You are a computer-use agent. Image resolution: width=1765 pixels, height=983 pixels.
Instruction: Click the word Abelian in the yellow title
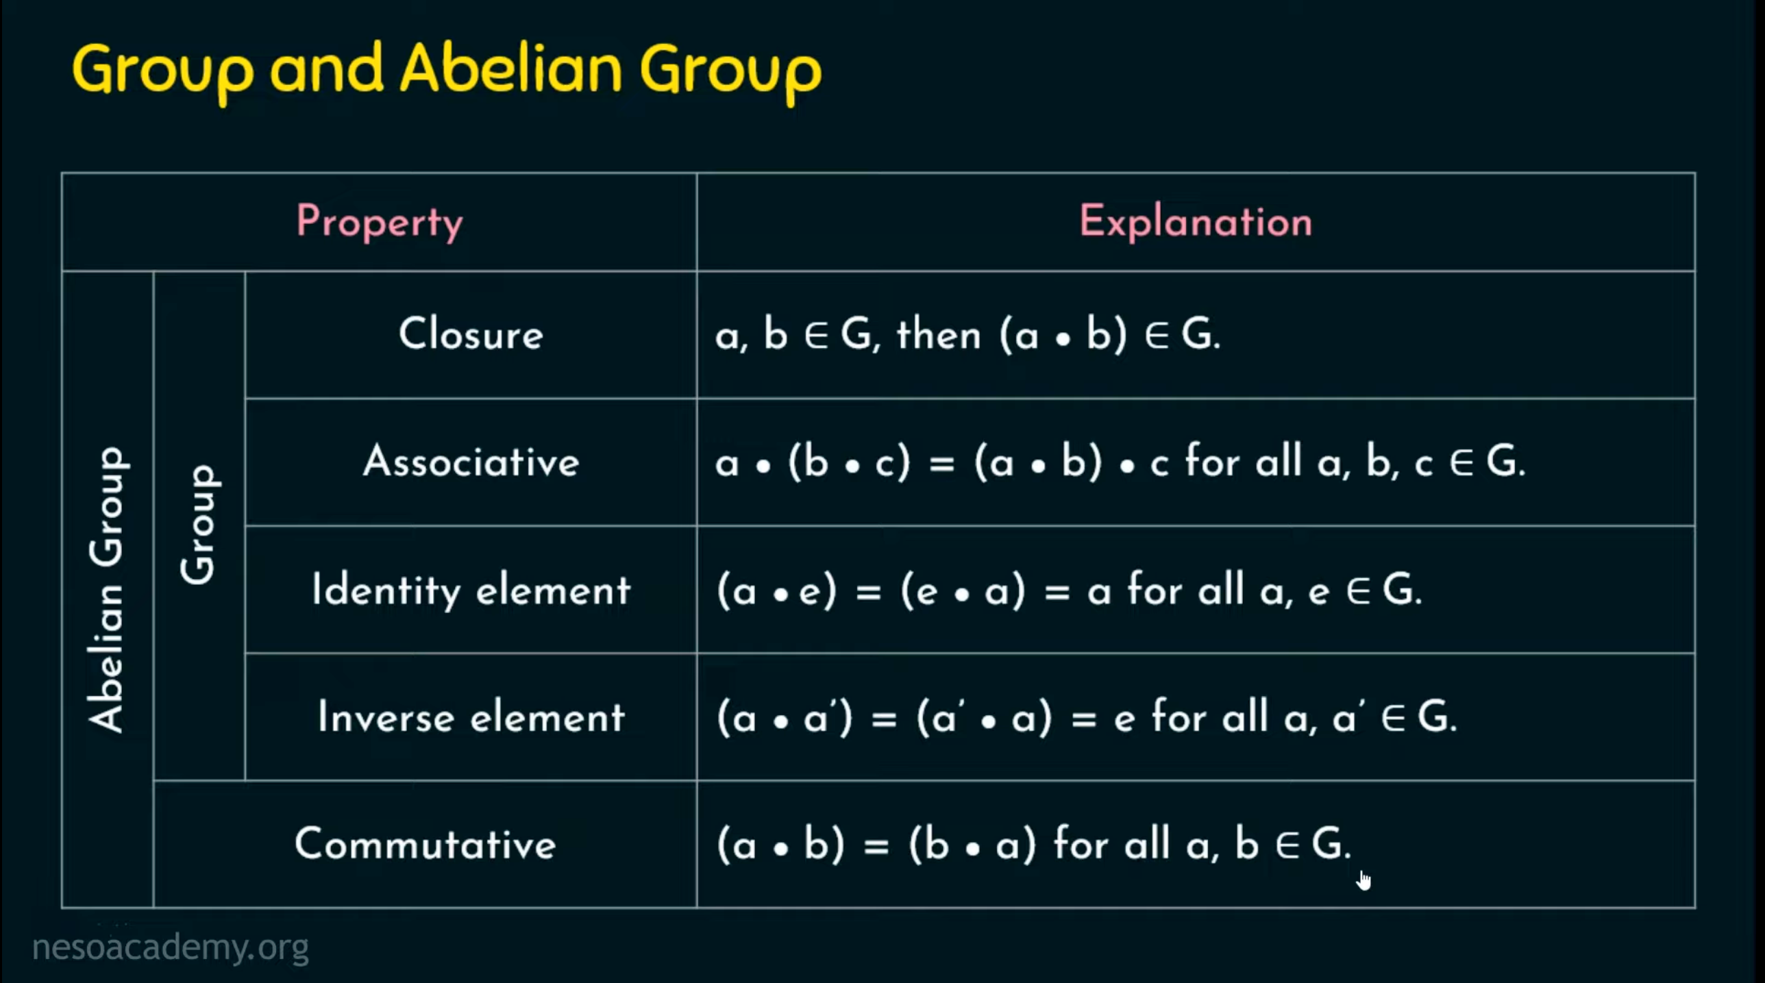[x=511, y=69]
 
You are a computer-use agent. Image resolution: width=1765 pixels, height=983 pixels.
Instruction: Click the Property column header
[x=380, y=222]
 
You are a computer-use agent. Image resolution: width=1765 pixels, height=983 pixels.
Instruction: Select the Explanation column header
[x=1196, y=222]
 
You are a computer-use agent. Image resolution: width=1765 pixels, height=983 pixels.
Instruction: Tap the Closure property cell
[x=471, y=334]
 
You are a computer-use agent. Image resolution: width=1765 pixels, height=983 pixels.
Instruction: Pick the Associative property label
[x=471, y=462]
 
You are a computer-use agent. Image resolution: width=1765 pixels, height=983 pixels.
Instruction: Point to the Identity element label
[x=471, y=590]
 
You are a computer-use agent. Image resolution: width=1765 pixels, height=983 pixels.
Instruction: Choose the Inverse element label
[x=471, y=717]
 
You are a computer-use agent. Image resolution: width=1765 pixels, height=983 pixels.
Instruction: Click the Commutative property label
[x=425, y=844]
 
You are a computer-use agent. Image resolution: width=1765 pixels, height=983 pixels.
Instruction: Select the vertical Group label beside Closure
[x=199, y=525]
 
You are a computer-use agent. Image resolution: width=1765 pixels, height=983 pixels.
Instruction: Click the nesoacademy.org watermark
[x=171, y=947]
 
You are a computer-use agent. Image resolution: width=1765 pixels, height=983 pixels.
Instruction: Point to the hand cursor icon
[x=1364, y=880]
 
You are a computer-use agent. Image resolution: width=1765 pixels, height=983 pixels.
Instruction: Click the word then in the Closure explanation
[x=939, y=335]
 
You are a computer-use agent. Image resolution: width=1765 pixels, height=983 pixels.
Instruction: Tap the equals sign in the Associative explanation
[x=942, y=464]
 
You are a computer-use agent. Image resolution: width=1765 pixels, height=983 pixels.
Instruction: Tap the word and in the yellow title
[x=326, y=69]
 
